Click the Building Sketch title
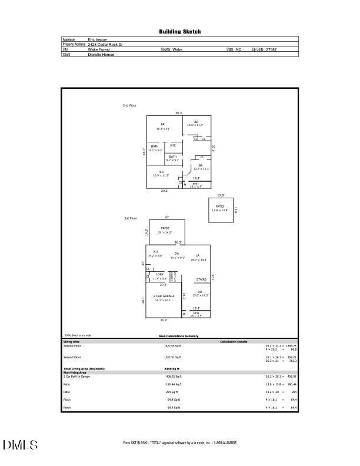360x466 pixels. coord(179,32)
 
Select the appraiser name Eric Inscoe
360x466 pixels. coord(97,39)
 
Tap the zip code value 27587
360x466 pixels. coord(271,49)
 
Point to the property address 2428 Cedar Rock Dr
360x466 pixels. coord(105,44)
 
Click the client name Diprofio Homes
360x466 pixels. coord(101,55)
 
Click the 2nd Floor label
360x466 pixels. coord(129,105)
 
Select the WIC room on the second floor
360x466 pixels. coord(173,145)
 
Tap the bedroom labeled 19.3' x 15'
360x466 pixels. coord(162,127)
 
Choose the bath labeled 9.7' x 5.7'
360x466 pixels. coord(172,158)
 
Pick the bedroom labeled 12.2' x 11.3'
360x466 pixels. coord(201,168)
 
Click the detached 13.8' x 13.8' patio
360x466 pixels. coord(219,208)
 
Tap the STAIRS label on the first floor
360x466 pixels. coord(201,279)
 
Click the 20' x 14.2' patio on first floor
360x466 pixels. coord(165,230)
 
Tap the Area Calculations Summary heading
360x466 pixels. coord(179,336)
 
